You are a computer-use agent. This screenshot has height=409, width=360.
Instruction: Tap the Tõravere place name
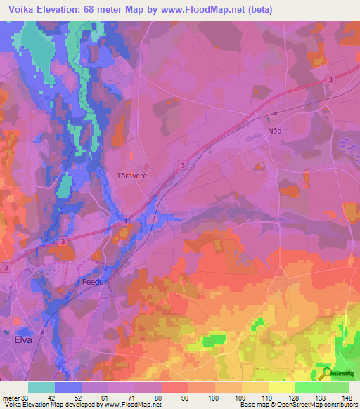(x=131, y=176)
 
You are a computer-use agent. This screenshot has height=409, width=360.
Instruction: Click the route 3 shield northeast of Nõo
(x=330, y=81)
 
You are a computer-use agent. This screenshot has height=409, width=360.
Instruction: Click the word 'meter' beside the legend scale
(x=11, y=397)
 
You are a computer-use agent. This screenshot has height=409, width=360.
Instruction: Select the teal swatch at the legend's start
(x=41, y=387)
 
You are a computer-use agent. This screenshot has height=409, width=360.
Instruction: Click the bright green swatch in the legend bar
(x=309, y=387)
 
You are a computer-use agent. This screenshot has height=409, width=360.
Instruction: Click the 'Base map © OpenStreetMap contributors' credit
(x=298, y=405)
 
